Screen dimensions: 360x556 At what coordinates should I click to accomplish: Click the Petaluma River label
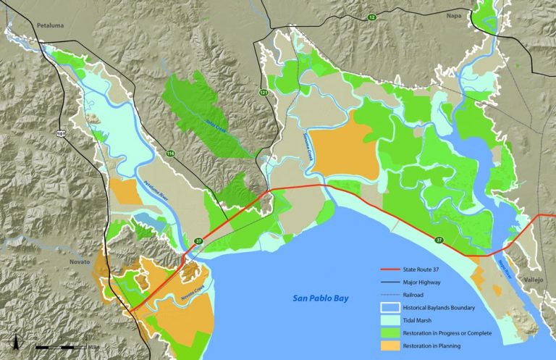pos(152,191)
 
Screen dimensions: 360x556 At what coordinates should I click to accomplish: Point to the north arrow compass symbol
pos(14,340)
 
